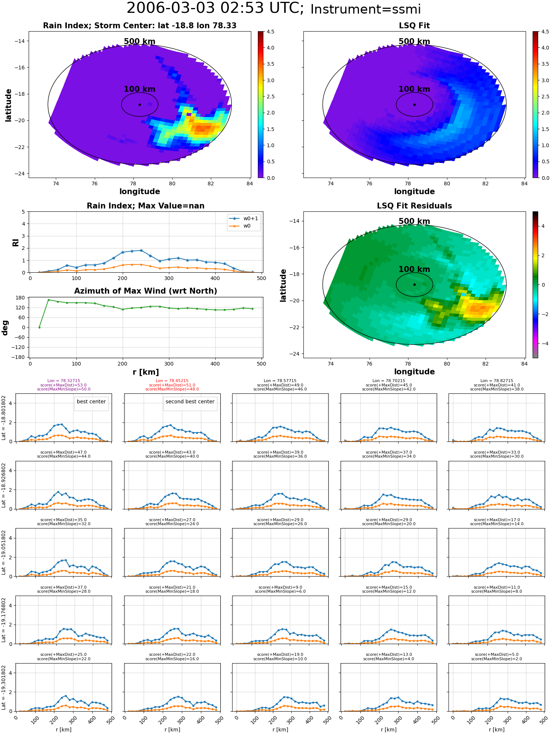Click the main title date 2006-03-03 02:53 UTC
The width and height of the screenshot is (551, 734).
point(215,8)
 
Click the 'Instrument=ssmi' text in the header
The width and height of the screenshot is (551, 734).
point(365,9)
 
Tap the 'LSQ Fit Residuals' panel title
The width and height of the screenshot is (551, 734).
point(414,206)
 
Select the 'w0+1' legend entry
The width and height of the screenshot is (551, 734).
point(244,219)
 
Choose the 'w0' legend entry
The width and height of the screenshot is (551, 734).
point(240,226)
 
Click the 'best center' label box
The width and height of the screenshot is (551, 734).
point(91,402)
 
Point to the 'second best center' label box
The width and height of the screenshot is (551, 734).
point(190,402)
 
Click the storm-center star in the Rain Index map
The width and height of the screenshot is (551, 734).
point(140,105)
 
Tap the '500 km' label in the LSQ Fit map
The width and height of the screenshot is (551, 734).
point(414,41)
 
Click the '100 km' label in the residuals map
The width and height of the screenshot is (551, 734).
point(414,269)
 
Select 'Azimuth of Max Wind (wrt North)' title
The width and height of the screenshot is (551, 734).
point(145,291)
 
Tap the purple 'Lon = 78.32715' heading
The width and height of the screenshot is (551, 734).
point(64,381)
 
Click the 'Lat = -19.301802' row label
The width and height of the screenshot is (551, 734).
point(4,687)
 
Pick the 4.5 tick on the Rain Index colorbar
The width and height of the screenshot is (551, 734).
point(270,32)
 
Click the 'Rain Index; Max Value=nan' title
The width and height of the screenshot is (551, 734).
point(145,206)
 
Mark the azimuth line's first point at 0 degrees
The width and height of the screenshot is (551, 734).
point(39,327)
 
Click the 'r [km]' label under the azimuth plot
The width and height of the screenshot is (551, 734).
point(145,372)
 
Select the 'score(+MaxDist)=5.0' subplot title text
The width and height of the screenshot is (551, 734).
point(497,654)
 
